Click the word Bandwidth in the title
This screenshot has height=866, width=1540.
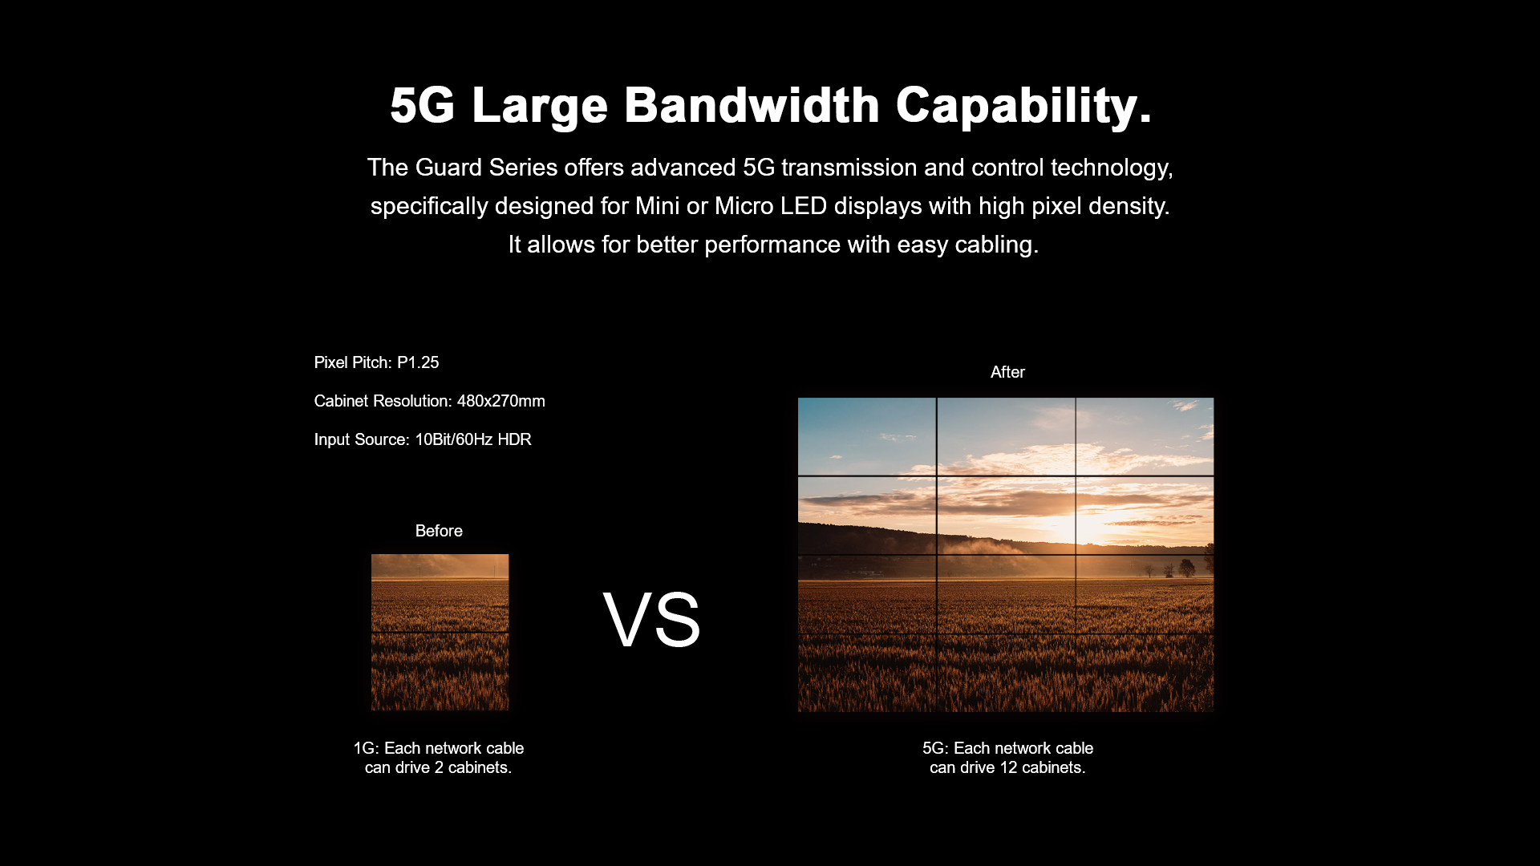[x=752, y=105]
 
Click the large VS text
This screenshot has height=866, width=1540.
[x=652, y=619]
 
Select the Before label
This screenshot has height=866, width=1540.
[x=439, y=531]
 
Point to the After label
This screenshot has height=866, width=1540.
[x=1007, y=372]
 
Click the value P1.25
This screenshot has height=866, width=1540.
[x=418, y=362]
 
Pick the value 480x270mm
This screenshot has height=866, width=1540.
[x=501, y=401]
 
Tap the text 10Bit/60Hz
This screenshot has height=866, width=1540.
[x=454, y=439]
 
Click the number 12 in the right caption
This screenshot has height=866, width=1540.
[x=1009, y=767]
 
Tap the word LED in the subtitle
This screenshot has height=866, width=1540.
[x=804, y=206]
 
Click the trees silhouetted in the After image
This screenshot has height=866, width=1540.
[x=1175, y=569]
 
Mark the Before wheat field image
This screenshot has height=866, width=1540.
[x=440, y=632]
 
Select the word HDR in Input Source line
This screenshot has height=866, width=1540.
[x=514, y=439]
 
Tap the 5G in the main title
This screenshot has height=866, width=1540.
[x=423, y=105]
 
